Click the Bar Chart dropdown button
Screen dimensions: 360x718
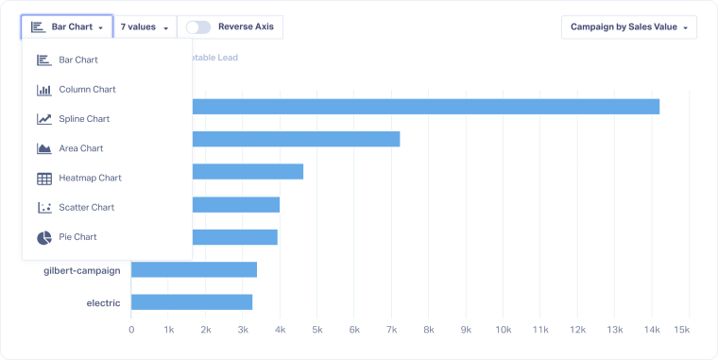pyautogui.click(x=67, y=26)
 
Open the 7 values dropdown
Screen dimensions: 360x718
pyautogui.click(x=145, y=26)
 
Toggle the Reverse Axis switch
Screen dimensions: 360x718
pyautogui.click(x=198, y=26)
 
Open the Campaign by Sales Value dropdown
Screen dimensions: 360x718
pyautogui.click(x=628, y=26)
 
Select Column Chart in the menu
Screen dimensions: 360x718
pyautogui.click(x=87, y=90)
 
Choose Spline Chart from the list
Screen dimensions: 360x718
pyautogui.click(x=84, y=119)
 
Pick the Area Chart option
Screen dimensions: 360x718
pyautogui.click(x=81, y=148)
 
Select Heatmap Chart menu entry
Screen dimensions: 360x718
pyautogui.click(x=90, y=178)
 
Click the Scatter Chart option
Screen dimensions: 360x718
pyautogui.click(x=86, y=207)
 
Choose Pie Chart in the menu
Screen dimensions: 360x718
pyautogui.click(x=77, y=237)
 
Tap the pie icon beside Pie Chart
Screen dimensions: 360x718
pyautogui.click(x=43, y=237)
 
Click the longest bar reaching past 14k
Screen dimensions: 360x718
pyautogui.click(x=425, y=106)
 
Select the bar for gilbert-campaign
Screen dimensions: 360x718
pyautogui.click(x=194, y=270)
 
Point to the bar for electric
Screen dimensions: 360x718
pyautogui.click(x=192, y=302)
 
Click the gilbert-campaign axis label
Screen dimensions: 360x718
pyautogui.click(x=82, y=270)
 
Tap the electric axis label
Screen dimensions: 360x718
pyautogui.click(x=103, y=302)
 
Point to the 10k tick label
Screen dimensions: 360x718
pyautogui.click(x=503, y=330)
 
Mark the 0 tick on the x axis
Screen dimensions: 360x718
pyautogui.click(x=131, y=330)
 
